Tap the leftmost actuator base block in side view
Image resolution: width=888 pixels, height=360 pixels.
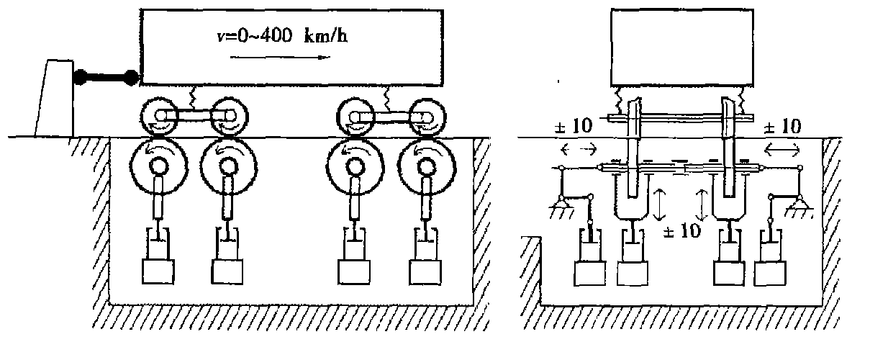pos(158,271)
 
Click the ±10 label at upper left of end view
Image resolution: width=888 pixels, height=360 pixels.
pos(574,127)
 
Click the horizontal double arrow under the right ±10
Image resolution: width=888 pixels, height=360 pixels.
pos(781,149)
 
